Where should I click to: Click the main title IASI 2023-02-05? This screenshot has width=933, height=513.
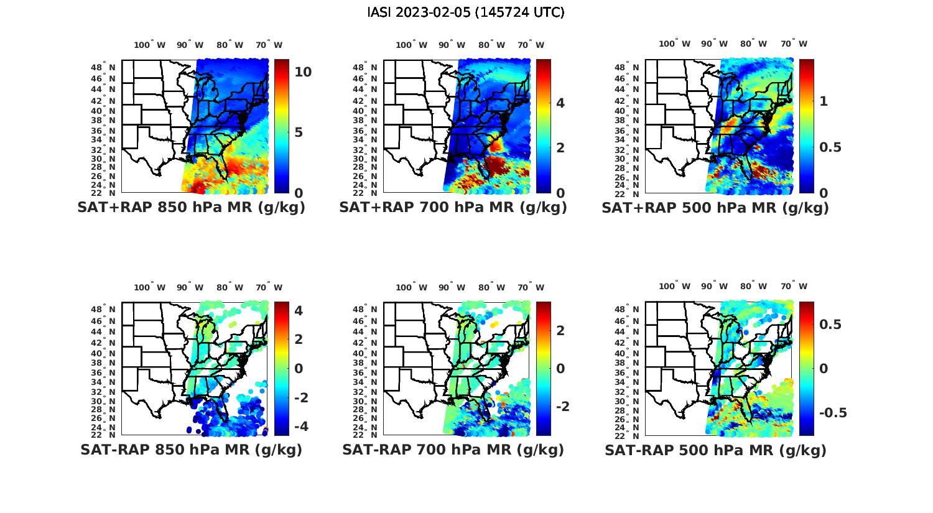click(x=466, y=12)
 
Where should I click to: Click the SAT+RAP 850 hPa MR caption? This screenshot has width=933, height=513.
click(x=191, y=208)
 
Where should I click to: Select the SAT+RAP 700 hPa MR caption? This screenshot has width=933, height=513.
click(x=453, y=208)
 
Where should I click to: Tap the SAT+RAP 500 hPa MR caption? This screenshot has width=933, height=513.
click(x=715, y=208)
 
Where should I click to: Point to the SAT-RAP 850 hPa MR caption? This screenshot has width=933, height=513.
click(x=191, y=450)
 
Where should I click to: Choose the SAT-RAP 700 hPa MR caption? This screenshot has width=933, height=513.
click(x=453, y=450)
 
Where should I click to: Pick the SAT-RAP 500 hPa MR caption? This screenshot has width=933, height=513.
click(x=715, y=450)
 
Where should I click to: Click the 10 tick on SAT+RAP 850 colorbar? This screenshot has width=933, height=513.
click(x=303, y=72)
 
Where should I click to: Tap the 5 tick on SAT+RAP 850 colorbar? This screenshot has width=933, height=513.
click(x=299, y=132)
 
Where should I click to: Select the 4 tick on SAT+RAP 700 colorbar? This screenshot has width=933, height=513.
click(x=560, y=103)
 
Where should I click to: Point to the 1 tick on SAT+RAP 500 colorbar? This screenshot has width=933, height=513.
click(x=824, y=101)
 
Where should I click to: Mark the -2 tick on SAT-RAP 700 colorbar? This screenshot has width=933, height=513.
click(x=561, y=406)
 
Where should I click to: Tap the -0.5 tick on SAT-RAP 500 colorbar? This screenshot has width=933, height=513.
click(x=833, y=413)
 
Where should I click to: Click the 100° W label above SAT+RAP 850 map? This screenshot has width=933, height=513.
click(x=150, y=45)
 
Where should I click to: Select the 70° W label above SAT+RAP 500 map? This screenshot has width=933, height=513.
click(x=794, y=44)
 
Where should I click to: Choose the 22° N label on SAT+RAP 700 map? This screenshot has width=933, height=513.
click(x=366, y=193)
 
